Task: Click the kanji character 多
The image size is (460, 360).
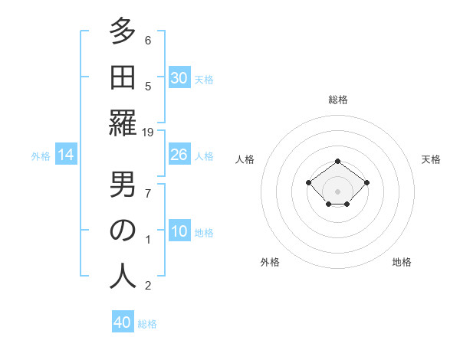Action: pyautogui.click(x=122, y=31)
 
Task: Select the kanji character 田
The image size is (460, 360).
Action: pyautogui.click(x=122, y=77)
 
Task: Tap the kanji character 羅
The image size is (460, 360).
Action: pyautogui.click(x=122, y=123)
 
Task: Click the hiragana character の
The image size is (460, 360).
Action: pyautogui.click(x=122, y=231)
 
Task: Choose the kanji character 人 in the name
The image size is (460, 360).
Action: pyautogui.click(x=122, y=277)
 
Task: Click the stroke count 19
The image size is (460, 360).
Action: pyautogui.click(x=148, y=133)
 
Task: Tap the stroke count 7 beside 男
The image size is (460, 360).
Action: pyautogui.click(x=148, y=193)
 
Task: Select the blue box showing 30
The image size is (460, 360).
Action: pyautogui.click(x=179, y=77)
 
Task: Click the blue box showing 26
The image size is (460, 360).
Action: pyautogui.click(x=179, y=155)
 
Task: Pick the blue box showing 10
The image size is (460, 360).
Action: pyautogui.click(x=179, y=231)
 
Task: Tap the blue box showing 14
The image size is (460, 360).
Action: pyautogui.click(x=66, y=155)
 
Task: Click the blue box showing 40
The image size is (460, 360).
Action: pyautogui.click(x=123, y=322)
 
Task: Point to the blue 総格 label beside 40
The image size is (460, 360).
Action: pyautogui.click(x=147, y=324)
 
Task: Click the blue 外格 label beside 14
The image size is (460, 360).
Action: pyautogui.click(x=41, y=156)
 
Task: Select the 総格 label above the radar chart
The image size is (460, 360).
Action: pyautogui.click(x=338, y=100)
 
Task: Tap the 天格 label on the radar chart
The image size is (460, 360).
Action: pyautogui.click(x=431, y=159)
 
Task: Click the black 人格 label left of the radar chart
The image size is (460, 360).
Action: pyautogui.click(x=245, y=159)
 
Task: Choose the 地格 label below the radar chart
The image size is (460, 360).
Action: pyautogui.click(x=402, y=262)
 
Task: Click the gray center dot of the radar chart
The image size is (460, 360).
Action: pyautogui.click(x=338, y=191)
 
